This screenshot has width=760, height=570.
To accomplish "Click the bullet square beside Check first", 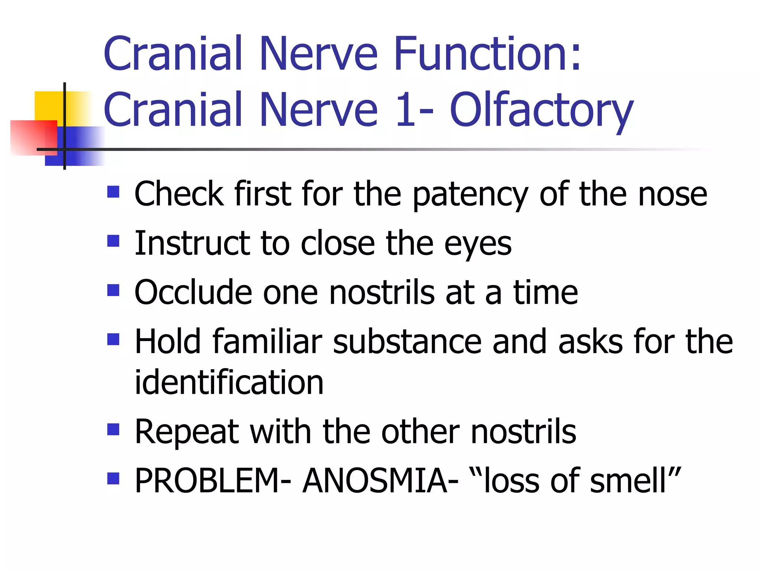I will point(113,191).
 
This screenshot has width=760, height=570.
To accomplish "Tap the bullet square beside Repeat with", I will point(113,429).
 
